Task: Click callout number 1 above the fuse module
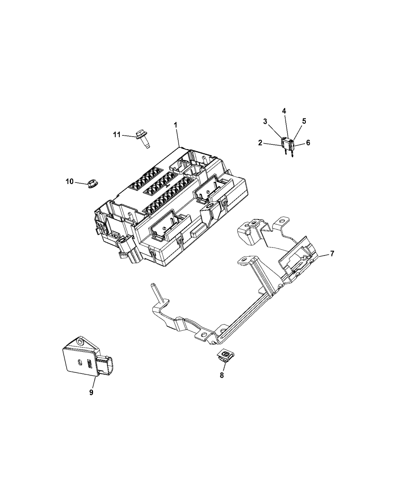pyautogui.click(x=176, y=125)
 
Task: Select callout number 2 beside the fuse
pyautogui.click(x=260, y=143)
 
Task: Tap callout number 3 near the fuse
pyautogui.click(x=265, y=122)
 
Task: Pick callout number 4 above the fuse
pyautogui.click(x=284, y=111)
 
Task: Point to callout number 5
pyautogui.click(x=304, y=121)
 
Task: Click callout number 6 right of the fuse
pyautogui.click(x=308, y=143)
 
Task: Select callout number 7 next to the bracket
pyautogui.click(x=332, y=254)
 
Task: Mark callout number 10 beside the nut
pyautogui.click(x=70, y=182)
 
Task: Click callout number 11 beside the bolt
pyautogui.click(x=117, y=135)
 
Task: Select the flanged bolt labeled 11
pyautogui.click(x=143, y=139)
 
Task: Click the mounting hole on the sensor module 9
pyautogui.click(x=79, y=342)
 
